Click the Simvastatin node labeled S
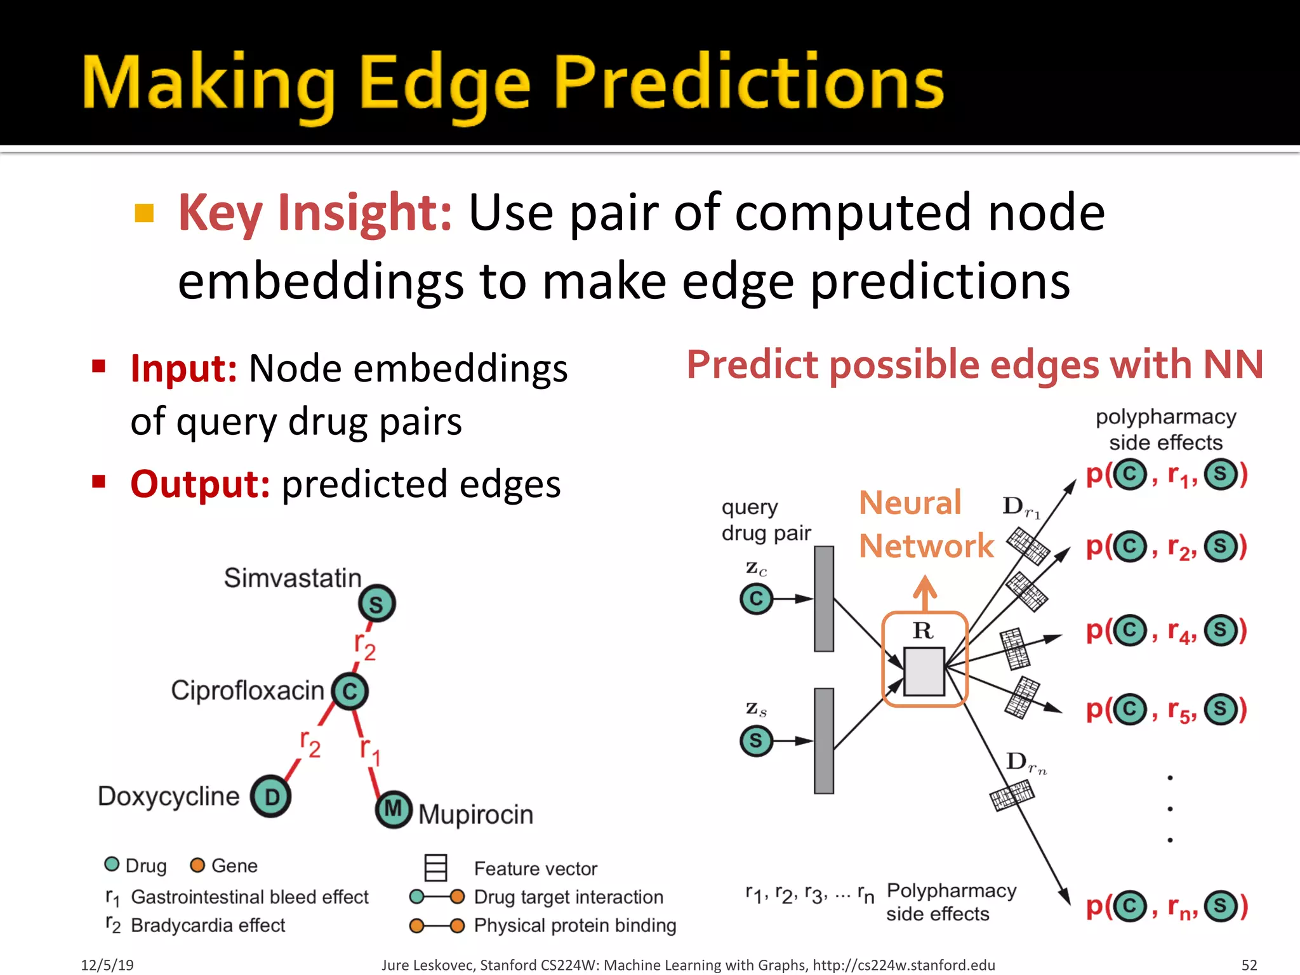[376, 604]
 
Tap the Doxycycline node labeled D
[271, 797]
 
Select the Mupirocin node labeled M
[394, 809]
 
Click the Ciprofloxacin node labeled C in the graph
[350, 691]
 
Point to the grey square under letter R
[924, 671]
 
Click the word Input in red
[183, 368]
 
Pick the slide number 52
[1249, 965]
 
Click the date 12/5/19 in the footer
[107, 965]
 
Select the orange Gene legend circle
[197, 865]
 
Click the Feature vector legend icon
[435, 867]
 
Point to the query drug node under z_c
[756, 599]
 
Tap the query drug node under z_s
[756, 741]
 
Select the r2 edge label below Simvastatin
[365, 646]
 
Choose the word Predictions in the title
[749, 83]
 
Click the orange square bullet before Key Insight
[145, 213]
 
